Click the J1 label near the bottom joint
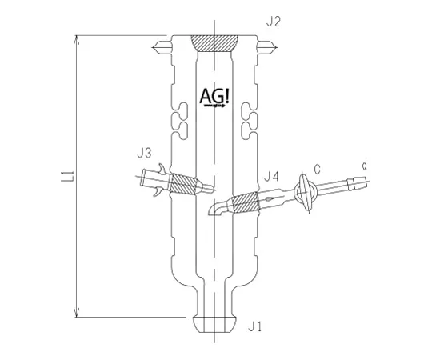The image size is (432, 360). coord(256,326)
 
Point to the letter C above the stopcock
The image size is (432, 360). coord(318,170)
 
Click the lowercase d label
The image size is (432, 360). coord(365,166)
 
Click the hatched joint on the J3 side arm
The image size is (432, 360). coord(186,184)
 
